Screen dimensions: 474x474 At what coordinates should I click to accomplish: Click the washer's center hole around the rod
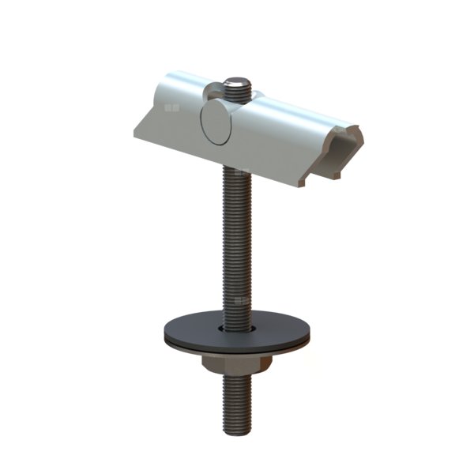tap(237, 325)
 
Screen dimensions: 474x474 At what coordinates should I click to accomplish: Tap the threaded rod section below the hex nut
tap(237, 403)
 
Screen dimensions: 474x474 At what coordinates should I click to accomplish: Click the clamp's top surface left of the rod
tap(182, 83)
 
